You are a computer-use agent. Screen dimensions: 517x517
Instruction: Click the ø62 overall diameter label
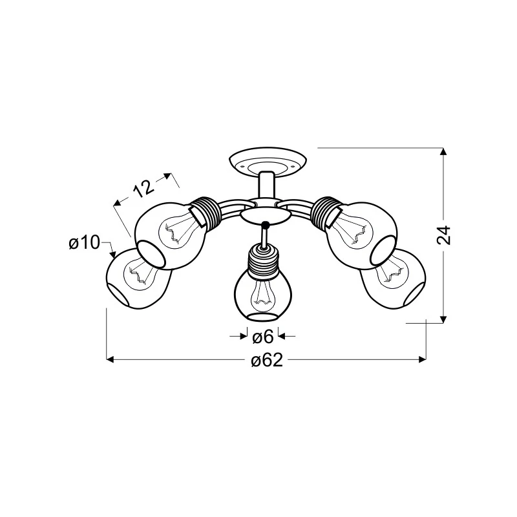coord(267,361)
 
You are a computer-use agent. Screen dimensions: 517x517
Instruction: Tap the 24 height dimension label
coord(443,235)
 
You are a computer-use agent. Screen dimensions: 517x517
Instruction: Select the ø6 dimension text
coord(263,337)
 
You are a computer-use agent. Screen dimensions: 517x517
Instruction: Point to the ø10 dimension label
coord(84,243)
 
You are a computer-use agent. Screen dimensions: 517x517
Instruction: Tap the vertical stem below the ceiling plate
coord(267,186)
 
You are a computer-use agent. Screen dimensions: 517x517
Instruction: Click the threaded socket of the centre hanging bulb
coord(263,258)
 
